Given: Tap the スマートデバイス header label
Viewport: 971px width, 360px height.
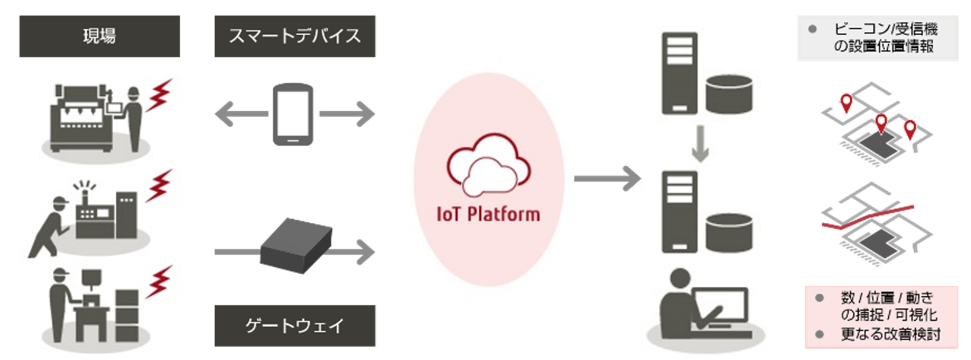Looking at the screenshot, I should coord(294,38).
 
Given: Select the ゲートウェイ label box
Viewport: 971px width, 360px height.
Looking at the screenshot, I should coord(294,326).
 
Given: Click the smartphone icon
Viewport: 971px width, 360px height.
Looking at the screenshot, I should coord(294,114).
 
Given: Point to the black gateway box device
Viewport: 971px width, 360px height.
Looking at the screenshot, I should coord(294,246).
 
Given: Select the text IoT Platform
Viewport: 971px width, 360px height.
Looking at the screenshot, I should coord(488,214).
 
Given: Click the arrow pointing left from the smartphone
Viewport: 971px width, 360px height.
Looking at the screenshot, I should coord(235,114).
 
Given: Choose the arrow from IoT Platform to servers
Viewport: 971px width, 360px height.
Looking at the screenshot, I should coord(606,177).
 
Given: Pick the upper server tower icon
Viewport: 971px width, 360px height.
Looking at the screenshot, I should coord(677,75).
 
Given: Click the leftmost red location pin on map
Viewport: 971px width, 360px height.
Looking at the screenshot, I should coord(846,104).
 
